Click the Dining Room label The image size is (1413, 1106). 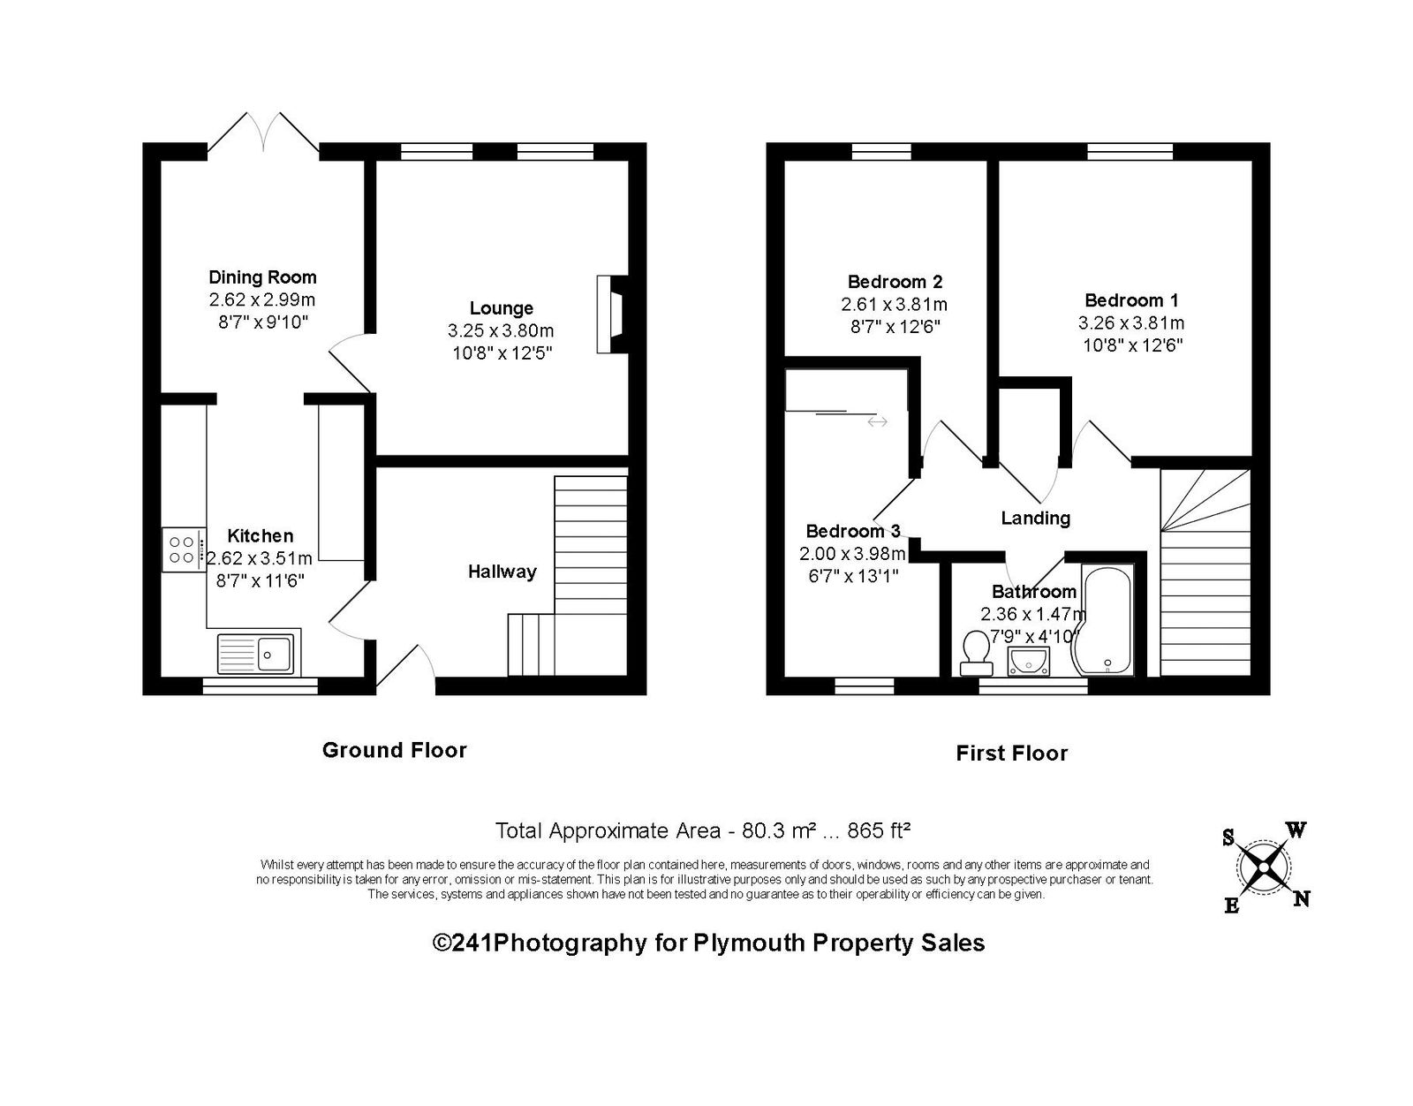(x=262, y=277)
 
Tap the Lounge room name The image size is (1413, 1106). (x=502, y=308)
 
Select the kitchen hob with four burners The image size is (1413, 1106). (x=184, y=549)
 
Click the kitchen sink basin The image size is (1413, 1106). (x=275, y=654)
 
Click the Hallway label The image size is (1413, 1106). (x=502, y=572)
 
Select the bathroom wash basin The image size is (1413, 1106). (x=1028, y=663)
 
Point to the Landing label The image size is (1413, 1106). (x=1035, y=519)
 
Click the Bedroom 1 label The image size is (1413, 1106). (x=1131, y=300)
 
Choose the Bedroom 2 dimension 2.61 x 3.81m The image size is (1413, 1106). (x=894, y=304)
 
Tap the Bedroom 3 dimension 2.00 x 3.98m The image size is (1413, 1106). (x=852, y=554)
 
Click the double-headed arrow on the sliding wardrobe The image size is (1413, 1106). (x=877, y=422)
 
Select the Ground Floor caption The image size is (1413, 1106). (x=395, y=750)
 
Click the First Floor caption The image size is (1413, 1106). (x=1012, y=754)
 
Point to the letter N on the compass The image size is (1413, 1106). (x=1301, y=898)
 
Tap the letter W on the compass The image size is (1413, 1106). (x=1296, y=830)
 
